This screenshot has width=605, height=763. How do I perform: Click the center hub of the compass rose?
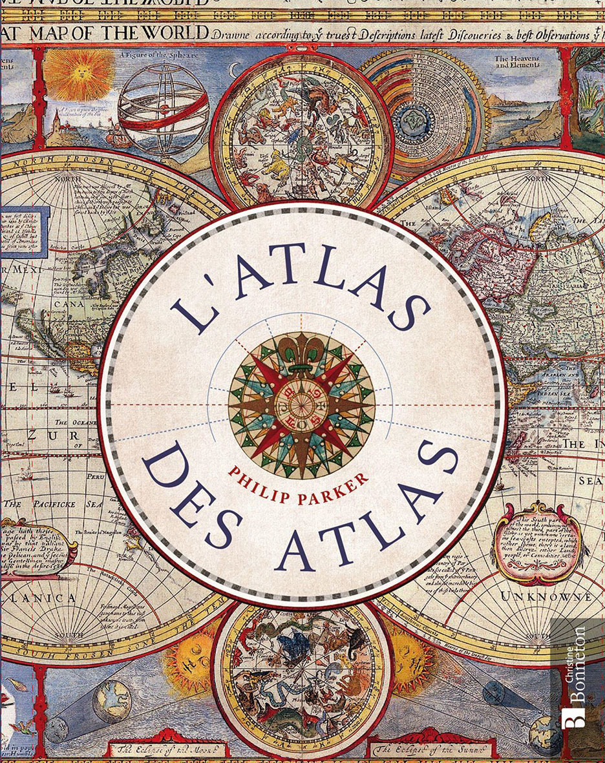tap(302, 407)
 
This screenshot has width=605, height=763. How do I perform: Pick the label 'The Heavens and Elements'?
tap(517, 62)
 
